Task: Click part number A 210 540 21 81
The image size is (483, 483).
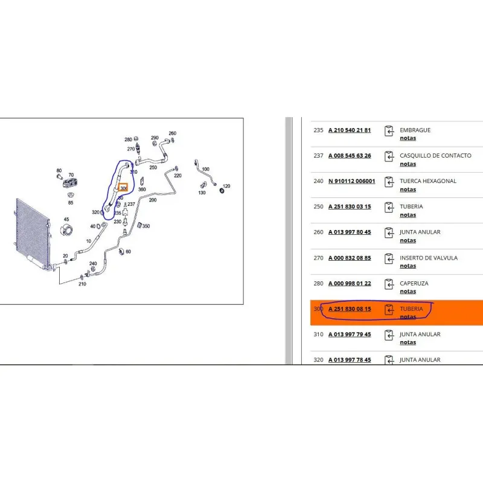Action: pos(350,130)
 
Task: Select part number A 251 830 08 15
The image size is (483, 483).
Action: pos(350,309)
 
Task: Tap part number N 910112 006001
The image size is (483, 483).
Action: pos(352,181)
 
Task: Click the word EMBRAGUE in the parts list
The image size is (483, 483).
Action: pos(415,130)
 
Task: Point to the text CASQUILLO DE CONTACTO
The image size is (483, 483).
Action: pos(435,156)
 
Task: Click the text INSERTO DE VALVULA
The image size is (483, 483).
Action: pos(429,258)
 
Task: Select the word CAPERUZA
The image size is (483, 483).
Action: pos(414,283)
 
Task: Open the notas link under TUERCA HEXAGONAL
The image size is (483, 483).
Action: pos(408,190)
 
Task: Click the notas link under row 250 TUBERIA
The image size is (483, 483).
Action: pos(408,215)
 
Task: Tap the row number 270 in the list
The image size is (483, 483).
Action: pos(319,258)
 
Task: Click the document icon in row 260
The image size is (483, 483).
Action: pos(389,233)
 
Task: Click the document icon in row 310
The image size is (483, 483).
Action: pos(389,335)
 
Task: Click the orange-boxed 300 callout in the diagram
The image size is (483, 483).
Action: pos(123,188)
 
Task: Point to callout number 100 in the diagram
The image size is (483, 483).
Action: pos(205,169)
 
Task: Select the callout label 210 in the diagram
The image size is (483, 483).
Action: pos(82,284)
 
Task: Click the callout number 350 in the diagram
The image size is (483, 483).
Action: pos(146,226)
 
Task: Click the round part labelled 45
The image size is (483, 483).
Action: pos(67,230)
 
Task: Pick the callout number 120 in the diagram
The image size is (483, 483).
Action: pos(226,186)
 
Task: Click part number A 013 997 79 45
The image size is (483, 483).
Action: pos(350,334)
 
